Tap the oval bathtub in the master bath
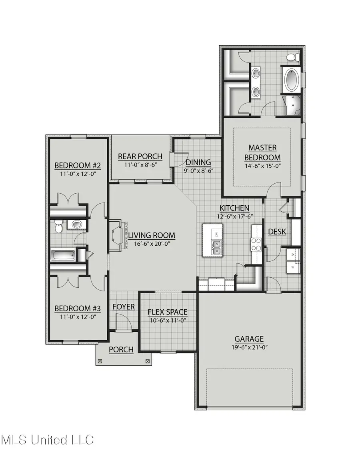pos(292,79)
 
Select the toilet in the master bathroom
pos(295,58)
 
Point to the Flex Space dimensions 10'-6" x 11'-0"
pos(168,320)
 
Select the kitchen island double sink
pos(216,251)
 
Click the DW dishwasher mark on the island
pos(216,234)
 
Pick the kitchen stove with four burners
pos(256,244)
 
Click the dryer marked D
pos(293,255)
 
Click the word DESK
pos(277,231)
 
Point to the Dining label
pos(198,162)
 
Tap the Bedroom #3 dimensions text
pos(77,317)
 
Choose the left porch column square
pos(100,361)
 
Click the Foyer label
pos(123,307)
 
